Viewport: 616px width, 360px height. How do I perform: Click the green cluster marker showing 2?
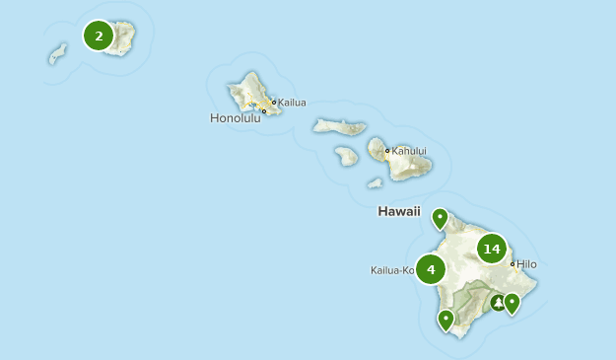[x=99, y=36]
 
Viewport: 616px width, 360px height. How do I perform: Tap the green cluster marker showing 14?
[x=492, y=249]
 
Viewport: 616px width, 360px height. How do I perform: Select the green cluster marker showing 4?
[x=431, y=268]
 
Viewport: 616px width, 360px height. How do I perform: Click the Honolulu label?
[x=236, y=118]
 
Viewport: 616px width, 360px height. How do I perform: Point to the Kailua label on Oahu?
[x=293, y=102]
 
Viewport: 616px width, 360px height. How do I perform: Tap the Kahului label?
[x=410, y=151]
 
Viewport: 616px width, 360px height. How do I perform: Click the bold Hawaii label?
[x=399, y=212]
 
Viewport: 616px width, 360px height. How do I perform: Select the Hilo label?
[x=526, y=264]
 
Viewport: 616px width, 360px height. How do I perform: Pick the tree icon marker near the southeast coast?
[x=498, y=302]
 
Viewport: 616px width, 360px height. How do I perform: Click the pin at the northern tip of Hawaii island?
[x=441, y=218]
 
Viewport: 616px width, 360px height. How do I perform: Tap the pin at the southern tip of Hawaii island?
[x=446, y=319]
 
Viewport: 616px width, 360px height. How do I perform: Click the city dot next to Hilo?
[x=513, y=263]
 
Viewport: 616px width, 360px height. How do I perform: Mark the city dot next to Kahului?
[x=387, y=151]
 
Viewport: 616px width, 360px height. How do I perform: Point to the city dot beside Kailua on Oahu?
[x=274, y=102]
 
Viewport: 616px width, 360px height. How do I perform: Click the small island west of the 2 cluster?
[x=58, y=53]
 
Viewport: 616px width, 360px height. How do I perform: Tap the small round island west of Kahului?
[x=346, y=155]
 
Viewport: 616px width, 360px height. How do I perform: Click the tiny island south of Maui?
[x=375, y=182]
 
